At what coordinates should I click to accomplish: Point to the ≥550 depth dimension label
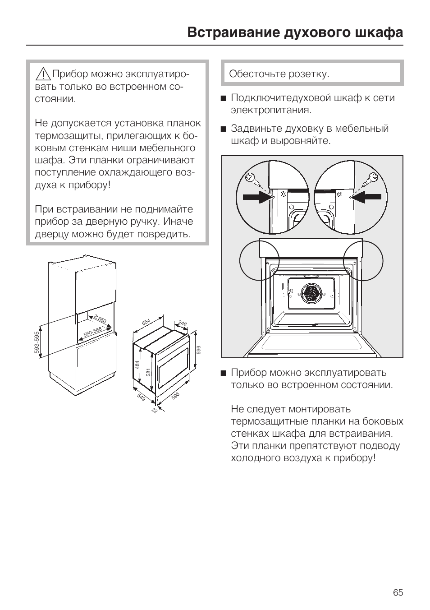click(x=100, y=319)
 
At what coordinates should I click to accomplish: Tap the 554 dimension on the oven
click(x=146, y=322)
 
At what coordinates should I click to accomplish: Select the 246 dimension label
click(x=182, y=323)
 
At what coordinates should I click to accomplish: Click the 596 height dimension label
click(x=199, y=350)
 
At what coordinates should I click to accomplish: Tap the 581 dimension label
click(x=147, y=372)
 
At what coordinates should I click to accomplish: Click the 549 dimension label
click(x=141, y=397)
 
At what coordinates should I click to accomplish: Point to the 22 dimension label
click(x=154, y=411)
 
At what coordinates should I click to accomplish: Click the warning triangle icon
click(x=43, y=74)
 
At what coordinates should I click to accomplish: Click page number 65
click(x=398, y=592)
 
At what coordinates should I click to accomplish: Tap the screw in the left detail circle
click(x=252, y=180)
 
